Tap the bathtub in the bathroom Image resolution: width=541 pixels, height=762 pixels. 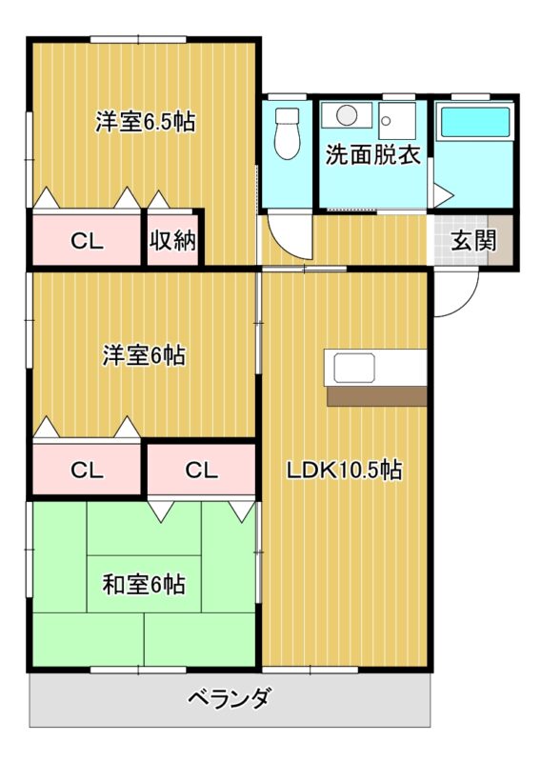pos(474,122)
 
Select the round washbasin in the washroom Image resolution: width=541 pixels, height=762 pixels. pos(347,114)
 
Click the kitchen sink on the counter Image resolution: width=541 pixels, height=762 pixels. pos(354,368)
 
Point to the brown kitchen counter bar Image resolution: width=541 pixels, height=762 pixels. pos(377,396)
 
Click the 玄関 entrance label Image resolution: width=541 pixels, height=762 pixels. pos(473,241)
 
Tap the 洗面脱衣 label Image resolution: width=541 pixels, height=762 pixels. pos(372,154)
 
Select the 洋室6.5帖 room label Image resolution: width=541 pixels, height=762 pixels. pos(146,122)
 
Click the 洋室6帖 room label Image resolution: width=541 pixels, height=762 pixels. pos(144,355)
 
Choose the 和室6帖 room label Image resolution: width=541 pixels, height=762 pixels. pos(144,584)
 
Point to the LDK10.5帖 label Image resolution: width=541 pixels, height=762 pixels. pos(344,470)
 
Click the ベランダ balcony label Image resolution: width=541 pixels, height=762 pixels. pos(228,698)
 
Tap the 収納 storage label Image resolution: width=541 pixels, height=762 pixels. pos(172,240)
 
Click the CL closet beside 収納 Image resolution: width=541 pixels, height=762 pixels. pos(87,241)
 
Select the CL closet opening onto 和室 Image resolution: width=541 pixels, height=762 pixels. pos(201,470)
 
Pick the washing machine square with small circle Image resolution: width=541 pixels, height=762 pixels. pos(397,120)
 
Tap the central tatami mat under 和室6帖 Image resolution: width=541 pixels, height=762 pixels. pos(144,584)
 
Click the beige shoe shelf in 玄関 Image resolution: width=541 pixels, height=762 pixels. pos(501,241)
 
